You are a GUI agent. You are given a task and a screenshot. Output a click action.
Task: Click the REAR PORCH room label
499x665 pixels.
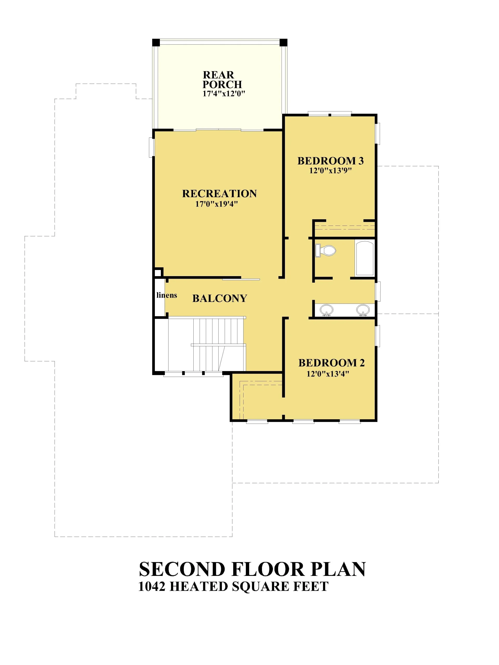tap(222, 79)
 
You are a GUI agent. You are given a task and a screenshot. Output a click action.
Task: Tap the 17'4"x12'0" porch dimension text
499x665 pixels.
tap(224, 94)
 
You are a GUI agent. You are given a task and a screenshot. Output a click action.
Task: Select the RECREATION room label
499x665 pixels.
tap(220, 194)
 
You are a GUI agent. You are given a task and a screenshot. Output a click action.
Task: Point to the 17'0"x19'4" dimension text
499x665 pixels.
tap(216, 204)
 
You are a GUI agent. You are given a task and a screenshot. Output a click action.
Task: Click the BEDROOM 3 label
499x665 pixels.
tap(331, 161)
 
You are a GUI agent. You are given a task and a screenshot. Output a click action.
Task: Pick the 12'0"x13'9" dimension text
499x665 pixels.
tap(331, 171)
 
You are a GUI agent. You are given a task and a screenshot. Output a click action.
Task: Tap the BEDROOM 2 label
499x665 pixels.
tap(331, 363)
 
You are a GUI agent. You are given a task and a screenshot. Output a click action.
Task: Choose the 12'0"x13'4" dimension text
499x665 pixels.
tap(328, 374)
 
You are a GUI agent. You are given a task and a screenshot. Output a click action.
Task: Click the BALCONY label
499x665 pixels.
tap(220, 298)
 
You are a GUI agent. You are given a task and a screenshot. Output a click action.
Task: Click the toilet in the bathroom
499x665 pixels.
tap(325, 250)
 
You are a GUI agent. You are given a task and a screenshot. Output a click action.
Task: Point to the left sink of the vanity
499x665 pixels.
tap(326, 310)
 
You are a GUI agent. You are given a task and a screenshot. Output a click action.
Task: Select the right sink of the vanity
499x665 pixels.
tap(363, 310)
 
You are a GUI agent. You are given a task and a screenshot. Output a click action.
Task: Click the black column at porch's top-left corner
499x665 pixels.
tap(156, 42)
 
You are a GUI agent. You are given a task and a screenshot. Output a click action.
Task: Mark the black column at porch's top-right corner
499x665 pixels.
tap(283, 42)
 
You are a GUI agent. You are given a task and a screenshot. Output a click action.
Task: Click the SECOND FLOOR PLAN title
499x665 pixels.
tap(252, 569)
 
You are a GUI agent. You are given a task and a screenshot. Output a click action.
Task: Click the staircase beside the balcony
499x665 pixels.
tap(207, 344)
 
